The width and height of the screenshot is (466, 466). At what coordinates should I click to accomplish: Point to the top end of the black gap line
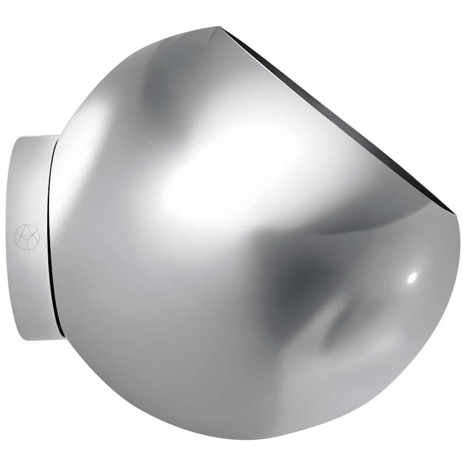coord(58,140)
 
